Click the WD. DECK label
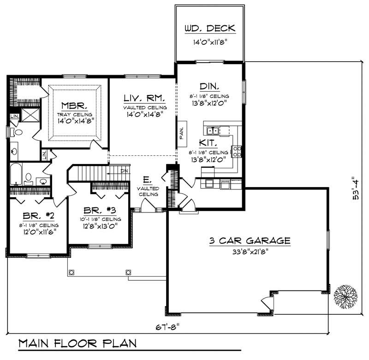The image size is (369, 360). (210, 29)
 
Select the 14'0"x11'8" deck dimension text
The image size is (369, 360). (210, 42)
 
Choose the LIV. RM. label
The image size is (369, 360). (142, 98)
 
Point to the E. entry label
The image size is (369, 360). (147, 180)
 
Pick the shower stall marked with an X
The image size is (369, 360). (30, 114)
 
